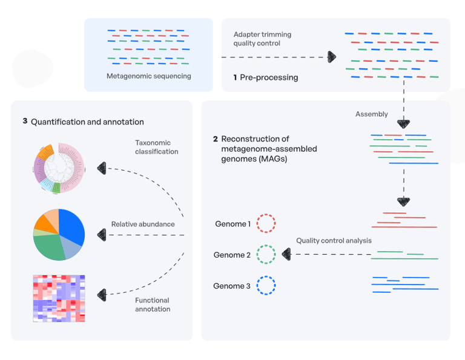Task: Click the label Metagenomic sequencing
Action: pyautogui.click(x=148, y=76)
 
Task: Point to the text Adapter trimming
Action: pyautogui.click(x=262, y=34)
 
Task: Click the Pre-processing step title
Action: pyautogui.click(x=269, y=77)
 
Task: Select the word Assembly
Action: pyautogui.click(x=372, y=114)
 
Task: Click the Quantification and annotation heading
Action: pyautogui.click(x=87, y=122)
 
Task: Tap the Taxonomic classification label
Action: pyautogui.click(x=157, y=147)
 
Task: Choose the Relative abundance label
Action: pyautogui.click(x=143, y=224)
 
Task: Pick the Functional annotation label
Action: pyautogui.click(x=153, y=304)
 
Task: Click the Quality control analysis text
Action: pyautogui.click(x=334, y=241)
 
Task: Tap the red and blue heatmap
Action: pyautogui.click(x=59, y=298)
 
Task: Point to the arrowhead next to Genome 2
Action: pyautogui.click(x=286, y=254)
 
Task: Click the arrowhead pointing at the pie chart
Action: pyautogui.click(x=102, y=235)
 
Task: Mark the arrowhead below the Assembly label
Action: pyautogui.click(x=404, y=124)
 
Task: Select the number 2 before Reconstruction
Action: pyautogui.click(x=216, y=139)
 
